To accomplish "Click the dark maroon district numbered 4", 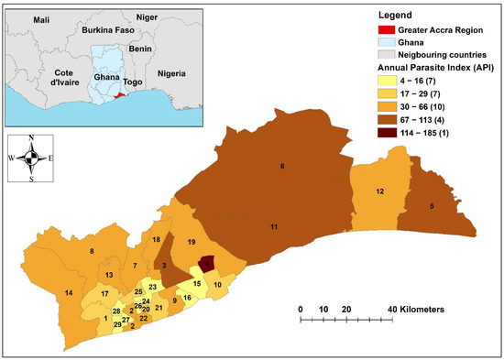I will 208,264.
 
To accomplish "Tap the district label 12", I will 378,191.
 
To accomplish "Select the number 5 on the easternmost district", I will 432,207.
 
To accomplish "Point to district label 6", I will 281,166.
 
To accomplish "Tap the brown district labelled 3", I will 164,266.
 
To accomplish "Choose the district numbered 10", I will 217,286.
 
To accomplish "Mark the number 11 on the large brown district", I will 274,226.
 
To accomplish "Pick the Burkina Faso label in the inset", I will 108,29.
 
